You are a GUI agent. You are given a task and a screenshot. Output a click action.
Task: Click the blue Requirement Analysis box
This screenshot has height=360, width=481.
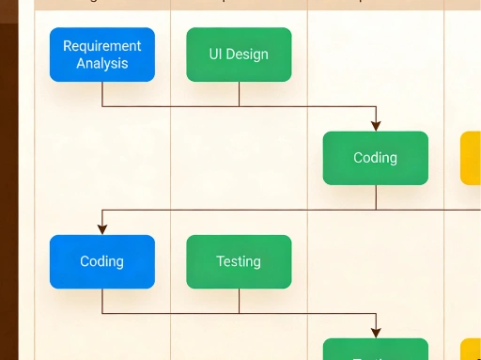[101, 55]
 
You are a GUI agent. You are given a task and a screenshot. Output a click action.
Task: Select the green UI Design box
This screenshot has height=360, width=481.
[239, 55]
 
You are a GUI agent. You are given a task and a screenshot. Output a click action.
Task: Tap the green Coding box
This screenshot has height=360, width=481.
[375, 158]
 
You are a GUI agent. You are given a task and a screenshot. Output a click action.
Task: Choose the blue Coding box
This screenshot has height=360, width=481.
[101, 261]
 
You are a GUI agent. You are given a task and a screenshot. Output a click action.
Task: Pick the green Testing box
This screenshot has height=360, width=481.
[239, 261]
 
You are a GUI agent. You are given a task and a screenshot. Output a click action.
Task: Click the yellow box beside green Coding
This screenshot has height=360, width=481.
[471, 158]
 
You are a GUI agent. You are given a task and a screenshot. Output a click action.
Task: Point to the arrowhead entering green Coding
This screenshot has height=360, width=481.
[376, 126]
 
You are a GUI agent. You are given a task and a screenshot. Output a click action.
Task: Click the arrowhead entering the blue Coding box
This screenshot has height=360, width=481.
[102, 229]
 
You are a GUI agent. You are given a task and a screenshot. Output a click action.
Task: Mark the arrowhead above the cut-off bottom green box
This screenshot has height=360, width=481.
[376, 332]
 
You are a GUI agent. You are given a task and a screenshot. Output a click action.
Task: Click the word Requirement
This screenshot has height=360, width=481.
[101, 45]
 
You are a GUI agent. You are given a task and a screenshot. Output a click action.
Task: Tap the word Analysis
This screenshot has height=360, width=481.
[101, 64]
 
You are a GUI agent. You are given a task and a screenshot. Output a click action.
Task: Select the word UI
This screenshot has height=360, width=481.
[216, 55]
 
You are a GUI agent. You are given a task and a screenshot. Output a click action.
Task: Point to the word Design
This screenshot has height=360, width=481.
[248, 55]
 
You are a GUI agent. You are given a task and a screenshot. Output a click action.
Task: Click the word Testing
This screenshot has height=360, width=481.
[239, 261]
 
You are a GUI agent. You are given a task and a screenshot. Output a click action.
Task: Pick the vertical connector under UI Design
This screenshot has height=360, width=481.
[239, 94]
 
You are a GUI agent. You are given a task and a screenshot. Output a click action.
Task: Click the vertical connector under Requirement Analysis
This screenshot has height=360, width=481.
[102, 94]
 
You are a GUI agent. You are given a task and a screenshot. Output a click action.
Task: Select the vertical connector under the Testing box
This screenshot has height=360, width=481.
[239, 301]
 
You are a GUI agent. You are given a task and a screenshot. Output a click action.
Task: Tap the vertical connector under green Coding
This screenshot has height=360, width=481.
[376, 196]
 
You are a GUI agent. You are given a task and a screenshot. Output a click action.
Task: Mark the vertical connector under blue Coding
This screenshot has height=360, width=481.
[102, 301]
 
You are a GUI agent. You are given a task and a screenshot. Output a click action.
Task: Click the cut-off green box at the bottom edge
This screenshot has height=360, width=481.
[375, 351]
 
